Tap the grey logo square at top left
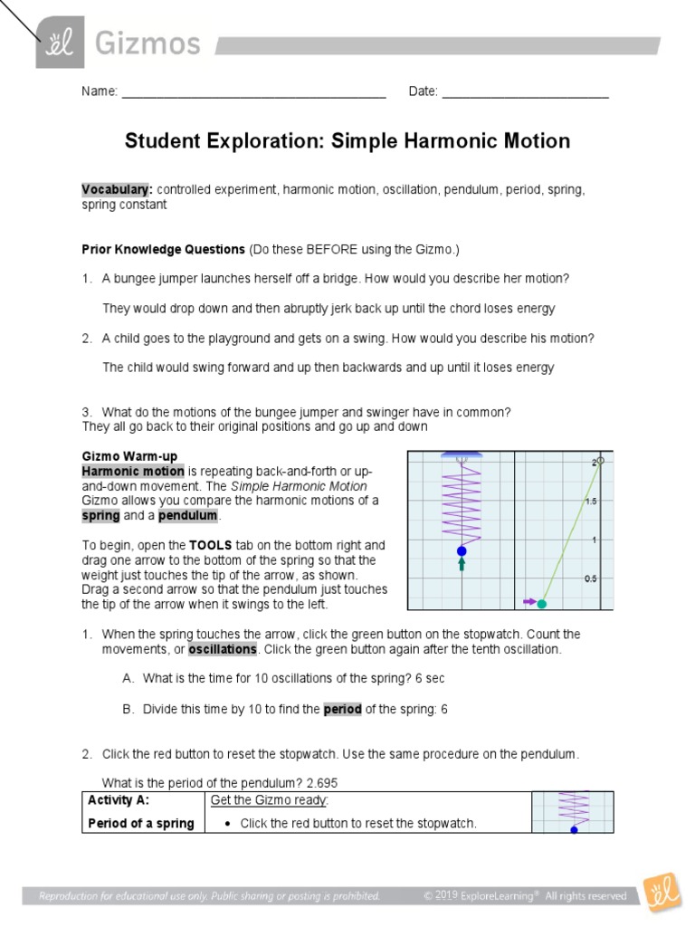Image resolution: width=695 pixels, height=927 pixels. click(61, 43)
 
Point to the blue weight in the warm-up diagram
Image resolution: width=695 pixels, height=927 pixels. click(462, 550)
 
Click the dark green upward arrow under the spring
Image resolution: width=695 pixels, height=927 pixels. click(462, 565)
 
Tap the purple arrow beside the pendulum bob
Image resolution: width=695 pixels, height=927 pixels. click(528, 600)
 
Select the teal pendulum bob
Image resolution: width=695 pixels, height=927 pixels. click(543, 603)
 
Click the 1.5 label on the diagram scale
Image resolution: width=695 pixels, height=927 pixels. click(590, 501)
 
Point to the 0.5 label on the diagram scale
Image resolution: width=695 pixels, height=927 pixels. click(590, 578)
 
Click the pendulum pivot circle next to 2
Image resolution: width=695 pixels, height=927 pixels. click(600, 461)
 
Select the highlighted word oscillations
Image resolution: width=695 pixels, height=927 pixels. click(223, 650)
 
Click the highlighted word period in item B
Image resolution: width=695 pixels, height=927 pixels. click(342, 710)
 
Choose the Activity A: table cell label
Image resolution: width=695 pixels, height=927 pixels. click(119, 800)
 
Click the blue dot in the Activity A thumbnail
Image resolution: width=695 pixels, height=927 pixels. click(573, 829)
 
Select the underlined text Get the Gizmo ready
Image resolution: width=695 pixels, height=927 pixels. click(269, 800)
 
